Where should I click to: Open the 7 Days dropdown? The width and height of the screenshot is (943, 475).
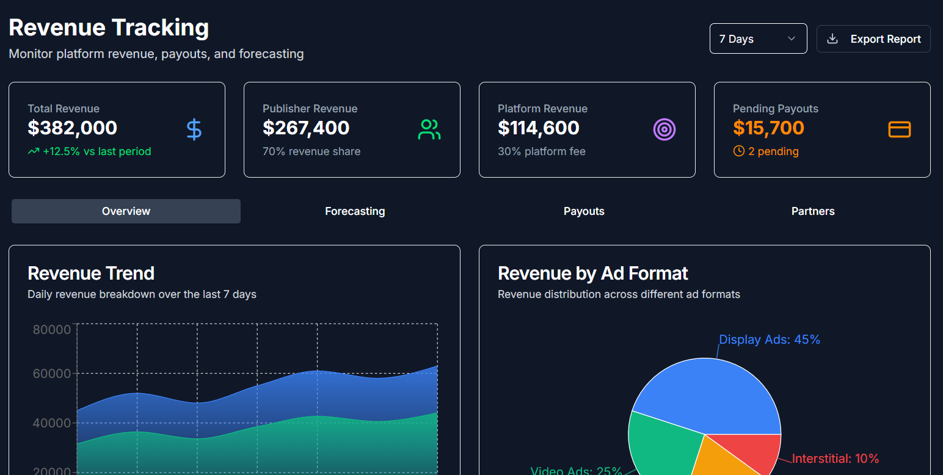[x=758, y=38]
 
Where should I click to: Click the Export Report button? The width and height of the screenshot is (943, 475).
[x=873, y=39]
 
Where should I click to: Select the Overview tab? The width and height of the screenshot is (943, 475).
[x=126, y=211]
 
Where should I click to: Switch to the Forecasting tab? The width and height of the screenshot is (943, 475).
[x=355, y=211]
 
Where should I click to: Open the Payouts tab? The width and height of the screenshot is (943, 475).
[x=584, y=211]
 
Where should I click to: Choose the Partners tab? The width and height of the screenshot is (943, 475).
[x=813, y=211]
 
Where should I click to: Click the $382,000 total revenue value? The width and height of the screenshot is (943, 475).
[x=73, y=128]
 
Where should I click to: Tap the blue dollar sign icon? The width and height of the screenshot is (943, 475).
[x=194, y=129]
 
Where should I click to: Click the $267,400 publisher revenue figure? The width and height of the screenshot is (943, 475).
[x=306, y=128]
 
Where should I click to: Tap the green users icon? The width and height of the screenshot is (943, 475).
[x=429, y=129]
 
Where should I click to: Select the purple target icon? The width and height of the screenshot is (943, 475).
[x=664, y=129]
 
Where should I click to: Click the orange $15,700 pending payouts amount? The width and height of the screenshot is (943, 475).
[x=768, y=128]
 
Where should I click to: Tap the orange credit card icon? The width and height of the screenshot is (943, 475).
[x=899, y=129]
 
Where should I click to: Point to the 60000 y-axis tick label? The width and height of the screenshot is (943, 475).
[x=52, y=374]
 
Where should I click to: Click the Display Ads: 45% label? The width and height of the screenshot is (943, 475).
[x=769, y=339]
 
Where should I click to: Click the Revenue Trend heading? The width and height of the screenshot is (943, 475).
[x=91, y=273]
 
